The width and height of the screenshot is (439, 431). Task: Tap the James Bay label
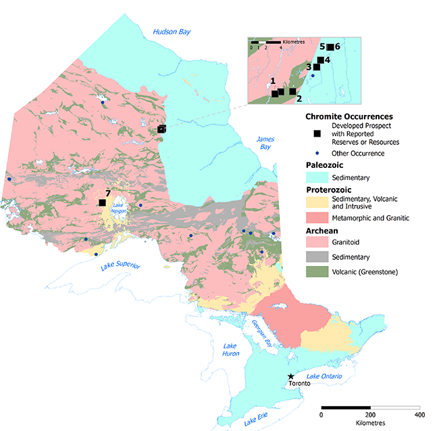click(265, 143)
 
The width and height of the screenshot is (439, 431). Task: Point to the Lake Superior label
click(121, 266)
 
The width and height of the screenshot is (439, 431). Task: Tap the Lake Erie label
click(260, 420)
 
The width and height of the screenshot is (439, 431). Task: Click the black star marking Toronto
click(291, 376)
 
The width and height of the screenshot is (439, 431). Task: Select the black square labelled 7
click(102, 202)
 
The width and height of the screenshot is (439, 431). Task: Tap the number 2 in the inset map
click(299, 99)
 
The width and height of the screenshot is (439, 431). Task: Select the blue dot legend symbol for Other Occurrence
click(317, 153)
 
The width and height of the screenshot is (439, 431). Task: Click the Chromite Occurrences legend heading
click(349, 116)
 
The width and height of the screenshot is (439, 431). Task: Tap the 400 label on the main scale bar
click(419, 414)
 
